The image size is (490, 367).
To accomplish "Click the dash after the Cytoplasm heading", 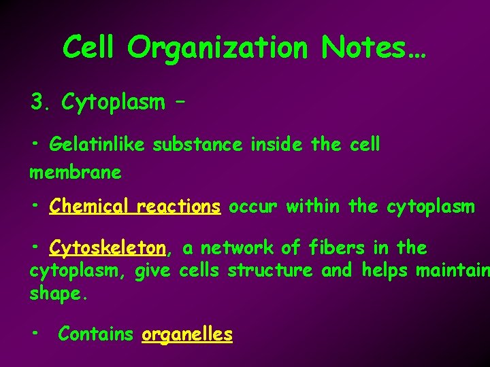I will [180, 103].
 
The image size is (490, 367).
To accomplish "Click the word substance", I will [197, 145].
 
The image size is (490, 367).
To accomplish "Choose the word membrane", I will [76, 173].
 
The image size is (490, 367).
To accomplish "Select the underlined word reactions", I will [179, 207].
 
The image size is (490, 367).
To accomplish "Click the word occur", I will [252, 207].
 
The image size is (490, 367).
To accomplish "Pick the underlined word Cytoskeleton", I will [108, 248].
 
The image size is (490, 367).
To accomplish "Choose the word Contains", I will [96, 334].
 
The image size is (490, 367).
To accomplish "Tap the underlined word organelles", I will [187, 334].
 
